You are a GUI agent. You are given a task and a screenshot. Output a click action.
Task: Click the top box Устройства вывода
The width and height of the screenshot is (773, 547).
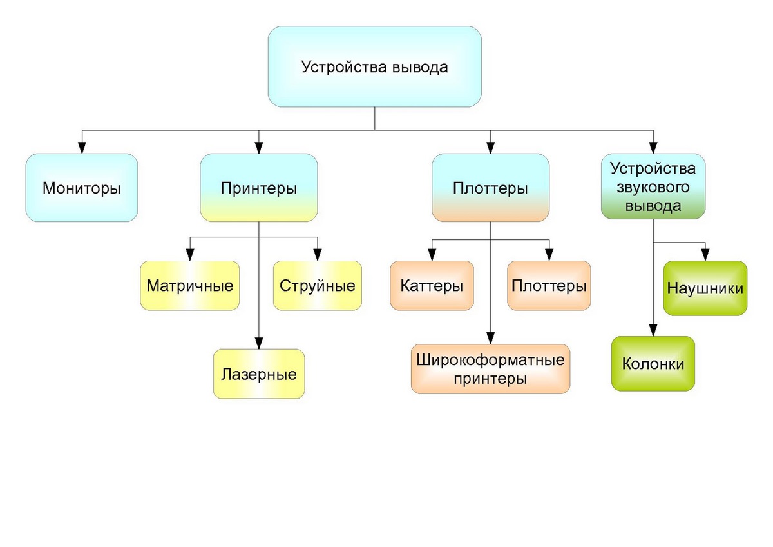(x=374, y=66)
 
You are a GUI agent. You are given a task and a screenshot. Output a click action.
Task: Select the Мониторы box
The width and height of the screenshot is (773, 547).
(x=82, y=188)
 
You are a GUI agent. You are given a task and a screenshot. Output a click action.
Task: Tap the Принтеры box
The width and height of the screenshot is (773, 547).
(x=258, y=188)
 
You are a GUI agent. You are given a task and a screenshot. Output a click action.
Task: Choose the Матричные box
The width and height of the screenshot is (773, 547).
(x=189, y=286)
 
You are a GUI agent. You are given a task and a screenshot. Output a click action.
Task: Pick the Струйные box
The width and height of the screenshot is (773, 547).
(x=318, y=286)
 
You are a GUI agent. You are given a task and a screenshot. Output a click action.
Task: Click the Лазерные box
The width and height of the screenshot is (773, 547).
(x=258, y=373)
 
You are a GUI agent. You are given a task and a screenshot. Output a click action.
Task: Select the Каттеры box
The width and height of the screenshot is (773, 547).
(x=432, y=286)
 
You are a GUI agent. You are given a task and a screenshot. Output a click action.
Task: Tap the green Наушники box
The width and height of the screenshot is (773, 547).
(x=705, y=288)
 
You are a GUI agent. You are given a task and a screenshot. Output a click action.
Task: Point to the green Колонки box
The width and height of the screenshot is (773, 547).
(x=653, y=363)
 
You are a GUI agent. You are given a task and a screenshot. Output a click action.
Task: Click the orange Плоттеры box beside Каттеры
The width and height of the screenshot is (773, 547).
(x=549, y=286)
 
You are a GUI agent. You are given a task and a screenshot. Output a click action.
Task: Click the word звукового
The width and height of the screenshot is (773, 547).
(x=653, y=188)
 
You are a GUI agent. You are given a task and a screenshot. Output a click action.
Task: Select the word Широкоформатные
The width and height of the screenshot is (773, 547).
(x=491, y=359)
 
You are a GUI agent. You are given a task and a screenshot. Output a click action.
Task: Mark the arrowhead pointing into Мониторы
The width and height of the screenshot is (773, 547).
(x=82, y=148)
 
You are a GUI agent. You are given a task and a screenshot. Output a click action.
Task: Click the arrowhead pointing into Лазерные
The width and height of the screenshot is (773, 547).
(x=258, y=343)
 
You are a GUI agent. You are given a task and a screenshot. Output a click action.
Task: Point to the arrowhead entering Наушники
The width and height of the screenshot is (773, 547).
(x=705, y=255)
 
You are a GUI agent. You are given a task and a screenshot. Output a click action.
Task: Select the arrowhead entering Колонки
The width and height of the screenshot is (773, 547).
(x=653, y=331)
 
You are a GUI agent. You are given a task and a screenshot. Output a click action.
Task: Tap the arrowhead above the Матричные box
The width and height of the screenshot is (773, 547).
(x=189, y=255)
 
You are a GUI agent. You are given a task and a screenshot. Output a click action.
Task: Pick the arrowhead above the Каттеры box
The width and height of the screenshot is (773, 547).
(x=432, y=255)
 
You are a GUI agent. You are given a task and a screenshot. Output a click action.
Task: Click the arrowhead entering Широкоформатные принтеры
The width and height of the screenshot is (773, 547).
(x=491, y=338)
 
